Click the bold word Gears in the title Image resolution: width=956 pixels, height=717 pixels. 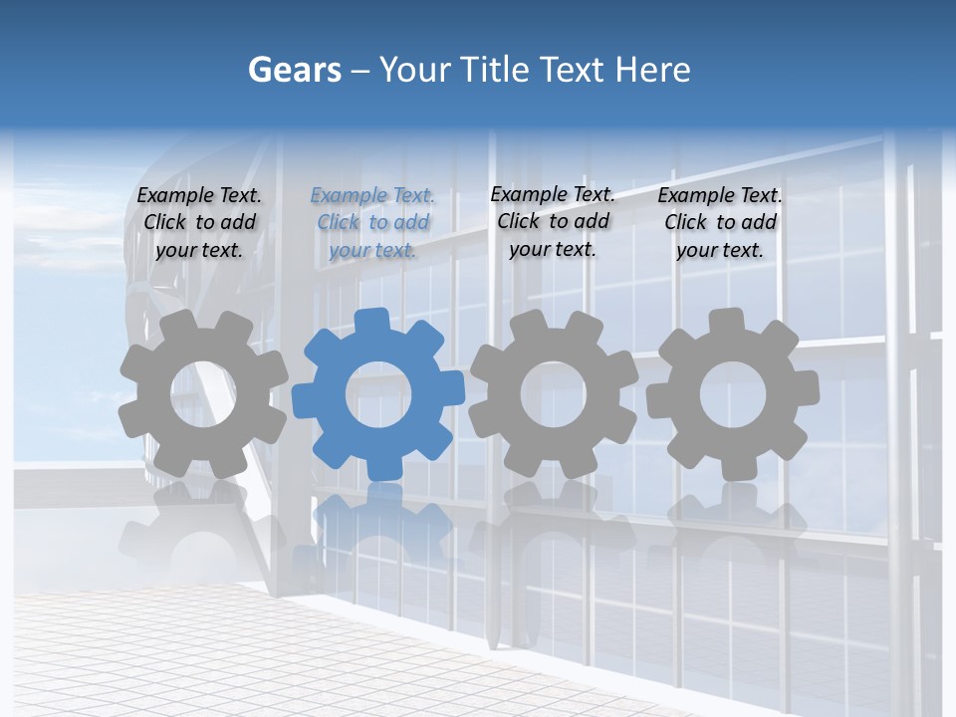coord(294,71)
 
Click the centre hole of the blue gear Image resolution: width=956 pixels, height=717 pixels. coord(378,394)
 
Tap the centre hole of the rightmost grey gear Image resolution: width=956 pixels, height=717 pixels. coord(733,394)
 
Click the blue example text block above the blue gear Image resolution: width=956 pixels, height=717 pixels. coord(372,223)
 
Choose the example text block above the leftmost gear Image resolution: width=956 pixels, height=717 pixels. coord(199,223)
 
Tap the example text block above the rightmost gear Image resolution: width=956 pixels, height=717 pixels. coord(720,223)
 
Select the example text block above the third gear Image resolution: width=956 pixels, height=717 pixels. coord(553,222)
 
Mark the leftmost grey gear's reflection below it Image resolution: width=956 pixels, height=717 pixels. coord(199,523)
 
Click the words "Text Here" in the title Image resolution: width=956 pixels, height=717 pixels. coord(614,70)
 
